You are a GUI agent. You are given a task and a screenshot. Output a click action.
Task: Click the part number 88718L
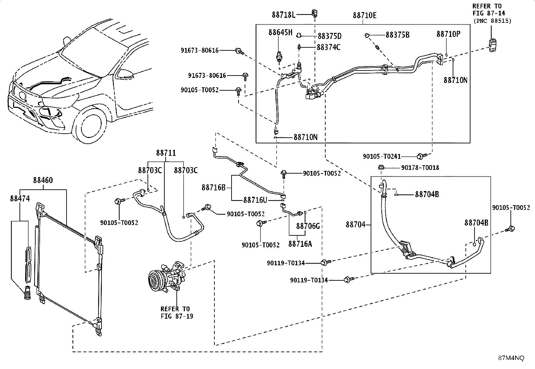tap(284, 15)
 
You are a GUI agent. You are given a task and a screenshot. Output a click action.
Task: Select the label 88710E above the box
tap(365, 15)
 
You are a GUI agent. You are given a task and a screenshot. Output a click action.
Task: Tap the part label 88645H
tap(280, 32)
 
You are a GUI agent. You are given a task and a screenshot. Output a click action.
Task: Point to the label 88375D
tap(330, 36)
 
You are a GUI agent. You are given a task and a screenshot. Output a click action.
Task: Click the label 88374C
tap(329, 47)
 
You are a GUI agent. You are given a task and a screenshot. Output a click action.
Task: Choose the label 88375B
tap(398, 35)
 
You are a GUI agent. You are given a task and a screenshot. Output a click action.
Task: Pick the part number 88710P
tap(449, 34)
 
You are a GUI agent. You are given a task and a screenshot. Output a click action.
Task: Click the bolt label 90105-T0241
tap(382, 156)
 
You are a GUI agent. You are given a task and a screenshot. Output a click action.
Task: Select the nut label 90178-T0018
tap(420, 168)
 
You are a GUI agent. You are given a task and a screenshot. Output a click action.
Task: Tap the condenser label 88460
tap(43, 180)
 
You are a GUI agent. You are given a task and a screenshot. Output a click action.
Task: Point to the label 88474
tap(20, 198)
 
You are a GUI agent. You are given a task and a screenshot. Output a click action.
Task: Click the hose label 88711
tap(166, 153)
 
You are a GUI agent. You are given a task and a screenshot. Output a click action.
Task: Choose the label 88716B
tap(213, 188)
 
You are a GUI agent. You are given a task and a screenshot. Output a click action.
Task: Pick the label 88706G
tap(308, 226)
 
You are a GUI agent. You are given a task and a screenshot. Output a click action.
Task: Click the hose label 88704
tap(356, 225)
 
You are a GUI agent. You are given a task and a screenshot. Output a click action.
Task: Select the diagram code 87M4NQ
tap(511, 358)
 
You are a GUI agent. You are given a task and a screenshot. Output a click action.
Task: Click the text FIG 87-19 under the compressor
tap(177, 316)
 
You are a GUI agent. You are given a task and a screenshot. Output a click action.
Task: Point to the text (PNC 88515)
tap(492, 21)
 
